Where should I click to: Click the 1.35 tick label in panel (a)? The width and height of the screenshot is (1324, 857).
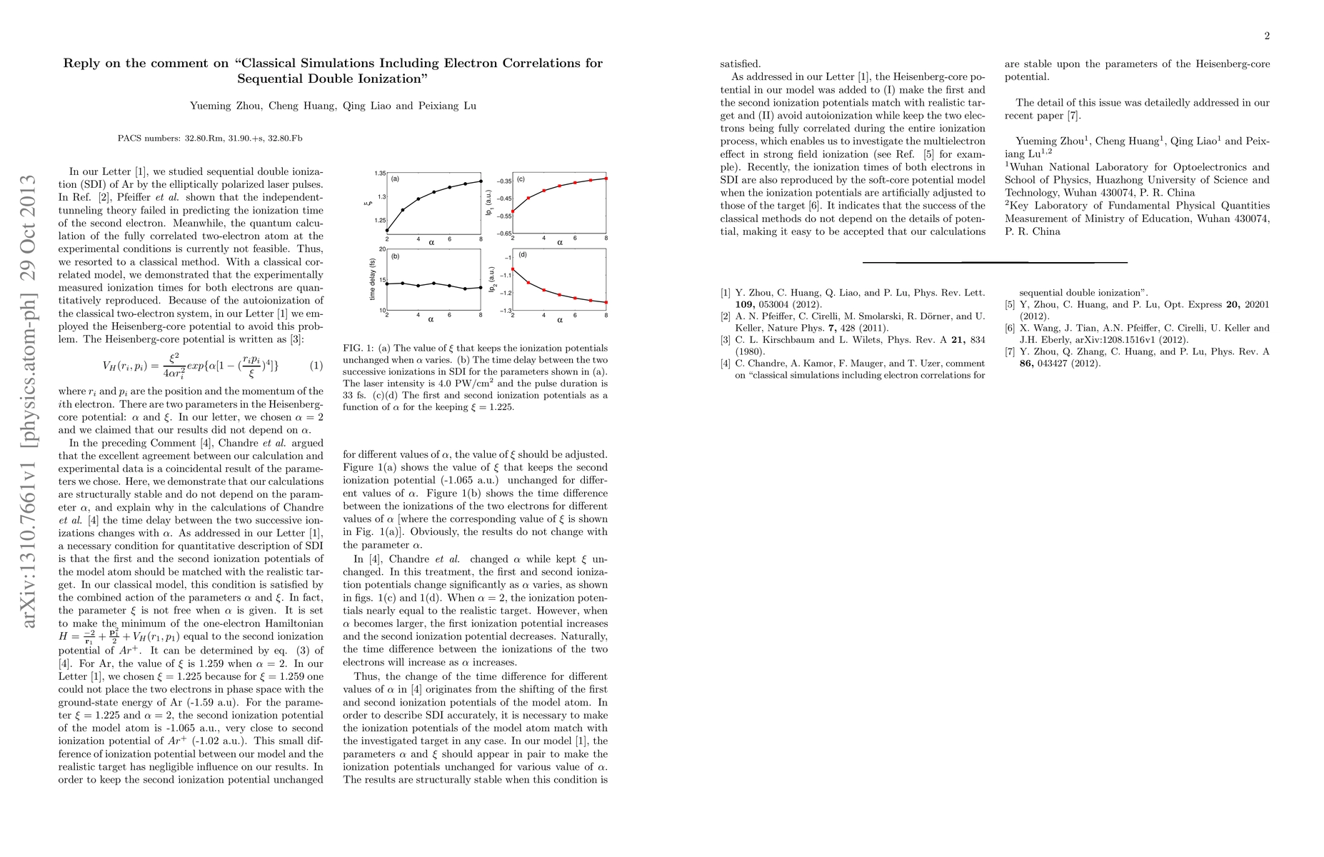click(380, 174)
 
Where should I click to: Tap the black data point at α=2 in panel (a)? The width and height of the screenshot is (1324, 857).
click(387, 230)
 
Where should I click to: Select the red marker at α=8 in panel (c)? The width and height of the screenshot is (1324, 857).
click(606, 178)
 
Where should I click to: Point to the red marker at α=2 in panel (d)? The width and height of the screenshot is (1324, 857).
click(513, 269)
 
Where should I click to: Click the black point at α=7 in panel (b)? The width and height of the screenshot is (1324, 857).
click(465, 289)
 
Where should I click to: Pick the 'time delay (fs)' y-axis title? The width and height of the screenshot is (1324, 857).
click(372, 279)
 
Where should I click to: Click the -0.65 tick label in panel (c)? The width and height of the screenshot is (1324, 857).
click(502, 234)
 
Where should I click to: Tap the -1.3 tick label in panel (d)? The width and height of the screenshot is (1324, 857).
click(504, 310)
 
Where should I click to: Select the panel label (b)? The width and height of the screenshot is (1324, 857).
click(395, 256)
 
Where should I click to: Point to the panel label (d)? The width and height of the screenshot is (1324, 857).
click(521, 256)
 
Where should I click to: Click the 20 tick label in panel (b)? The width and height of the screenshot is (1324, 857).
click(382, 249)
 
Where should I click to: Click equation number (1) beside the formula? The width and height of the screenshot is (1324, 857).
click(316, 366)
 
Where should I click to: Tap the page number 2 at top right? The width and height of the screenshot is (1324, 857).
click(1266, 36)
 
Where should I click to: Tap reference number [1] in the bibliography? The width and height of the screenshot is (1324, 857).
click(726, 292)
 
